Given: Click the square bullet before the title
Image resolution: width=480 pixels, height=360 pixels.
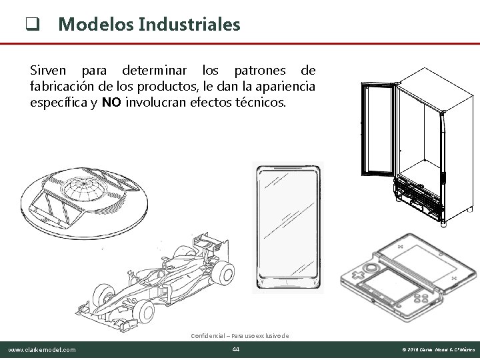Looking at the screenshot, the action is pos(30,26).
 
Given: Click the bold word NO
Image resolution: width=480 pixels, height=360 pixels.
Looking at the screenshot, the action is pos(112,103).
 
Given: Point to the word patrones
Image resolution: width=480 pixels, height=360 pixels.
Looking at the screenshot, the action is pos(259,70).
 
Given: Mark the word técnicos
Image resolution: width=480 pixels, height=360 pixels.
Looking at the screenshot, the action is pos(261,103).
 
